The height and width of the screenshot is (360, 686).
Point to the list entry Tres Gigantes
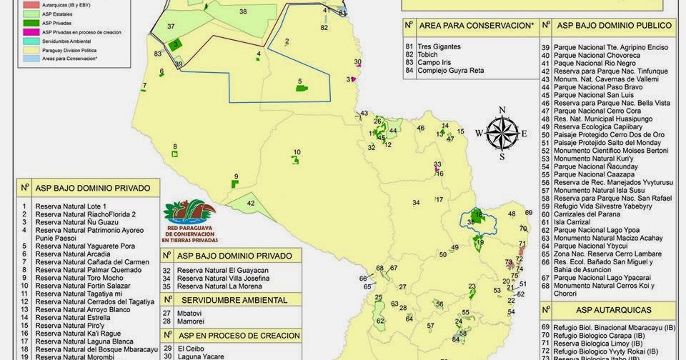pyautogui.click(x=439, y=46)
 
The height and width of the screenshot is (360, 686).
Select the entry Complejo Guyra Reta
pyautogui.click(x=451, y=71)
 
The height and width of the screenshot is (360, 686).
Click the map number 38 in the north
pyautogui.click(x=243, y=11)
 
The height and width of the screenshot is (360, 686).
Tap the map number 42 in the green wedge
pyautogui.click(x=251, y=203)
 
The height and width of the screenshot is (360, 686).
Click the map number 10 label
pyautogui.click(x=297, y=152)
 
